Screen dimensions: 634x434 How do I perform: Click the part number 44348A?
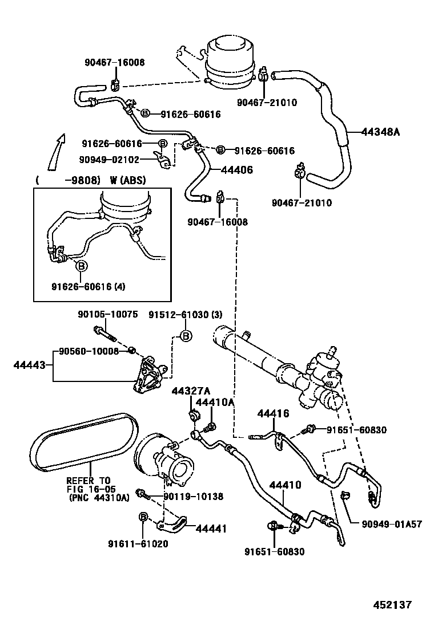[x=380, y=132]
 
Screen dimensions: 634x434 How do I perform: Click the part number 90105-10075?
[x=107, y=314]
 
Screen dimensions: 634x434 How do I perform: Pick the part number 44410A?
[x=215, y=403]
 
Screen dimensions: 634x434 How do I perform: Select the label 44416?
[x=273, y=413]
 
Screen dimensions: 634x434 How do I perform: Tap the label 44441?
[x=211, y=529]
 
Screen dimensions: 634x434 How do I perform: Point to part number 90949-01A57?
[x=392, y=524]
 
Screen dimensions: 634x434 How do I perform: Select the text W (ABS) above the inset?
[x=127, y=181]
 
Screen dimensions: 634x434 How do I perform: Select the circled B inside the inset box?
[x=82, y=266]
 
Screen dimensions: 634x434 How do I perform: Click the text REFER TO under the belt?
[x=88, y=480]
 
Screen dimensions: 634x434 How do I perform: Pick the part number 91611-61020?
[x=138, y=543]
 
